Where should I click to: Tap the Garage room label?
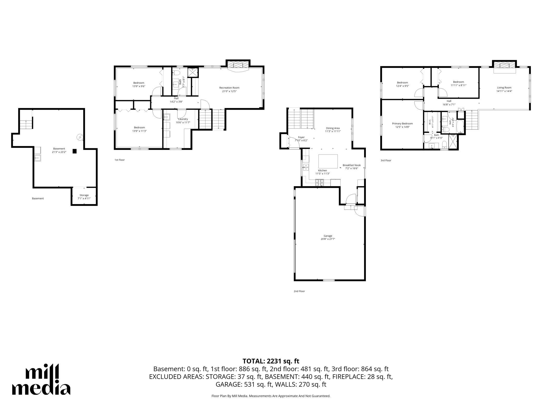click(x=328, y=237)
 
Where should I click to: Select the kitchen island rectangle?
click(x=328, y=161)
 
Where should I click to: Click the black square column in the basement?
click(x=75, y=151)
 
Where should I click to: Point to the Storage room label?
click(x=84, y=197)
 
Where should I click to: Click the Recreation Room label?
click(x=229, y=89)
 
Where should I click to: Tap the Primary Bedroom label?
click(x=402, y=125)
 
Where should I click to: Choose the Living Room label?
click(x=504, y=89)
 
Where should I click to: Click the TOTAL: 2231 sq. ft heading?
click(x=271, y=361)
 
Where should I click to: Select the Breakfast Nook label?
click(x=352, y=167)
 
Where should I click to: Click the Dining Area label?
click(x=333, y=130)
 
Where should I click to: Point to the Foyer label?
click(x=301, y=139)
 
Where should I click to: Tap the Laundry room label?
click(x=183, y=121)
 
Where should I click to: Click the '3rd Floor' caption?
click(x=386, y=160)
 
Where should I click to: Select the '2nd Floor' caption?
click(x=299, y=291)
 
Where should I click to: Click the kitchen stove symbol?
click(x=319, y=182)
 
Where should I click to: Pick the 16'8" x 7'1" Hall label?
click(x=449, y=103)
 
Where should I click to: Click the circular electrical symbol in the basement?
click(x=80, y=137)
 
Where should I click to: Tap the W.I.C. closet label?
click(x=431, y=121)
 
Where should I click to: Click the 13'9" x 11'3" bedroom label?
click(x=139, y=129)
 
